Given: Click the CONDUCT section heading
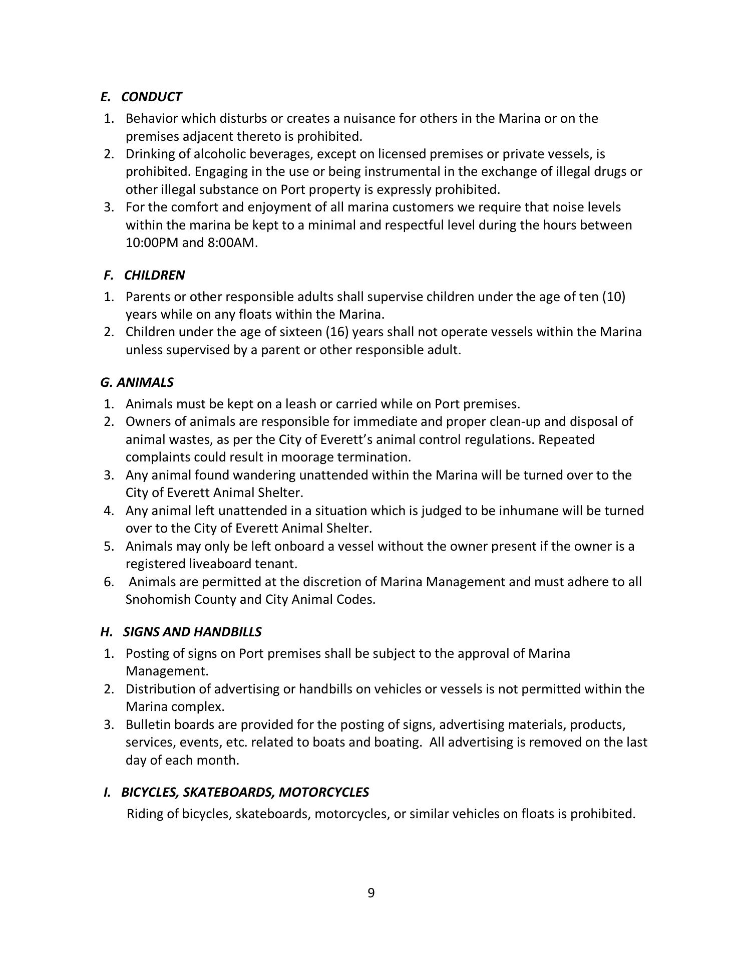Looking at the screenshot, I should [x=151, y=97].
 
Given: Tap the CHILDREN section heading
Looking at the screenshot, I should [x=154, y=275].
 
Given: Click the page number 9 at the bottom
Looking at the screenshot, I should [x=371, y=893].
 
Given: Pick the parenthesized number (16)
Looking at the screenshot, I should [x=337, y=332].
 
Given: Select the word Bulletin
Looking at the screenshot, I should [x=148, y=725].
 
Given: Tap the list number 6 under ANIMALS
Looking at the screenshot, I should [x=109, y=582].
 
